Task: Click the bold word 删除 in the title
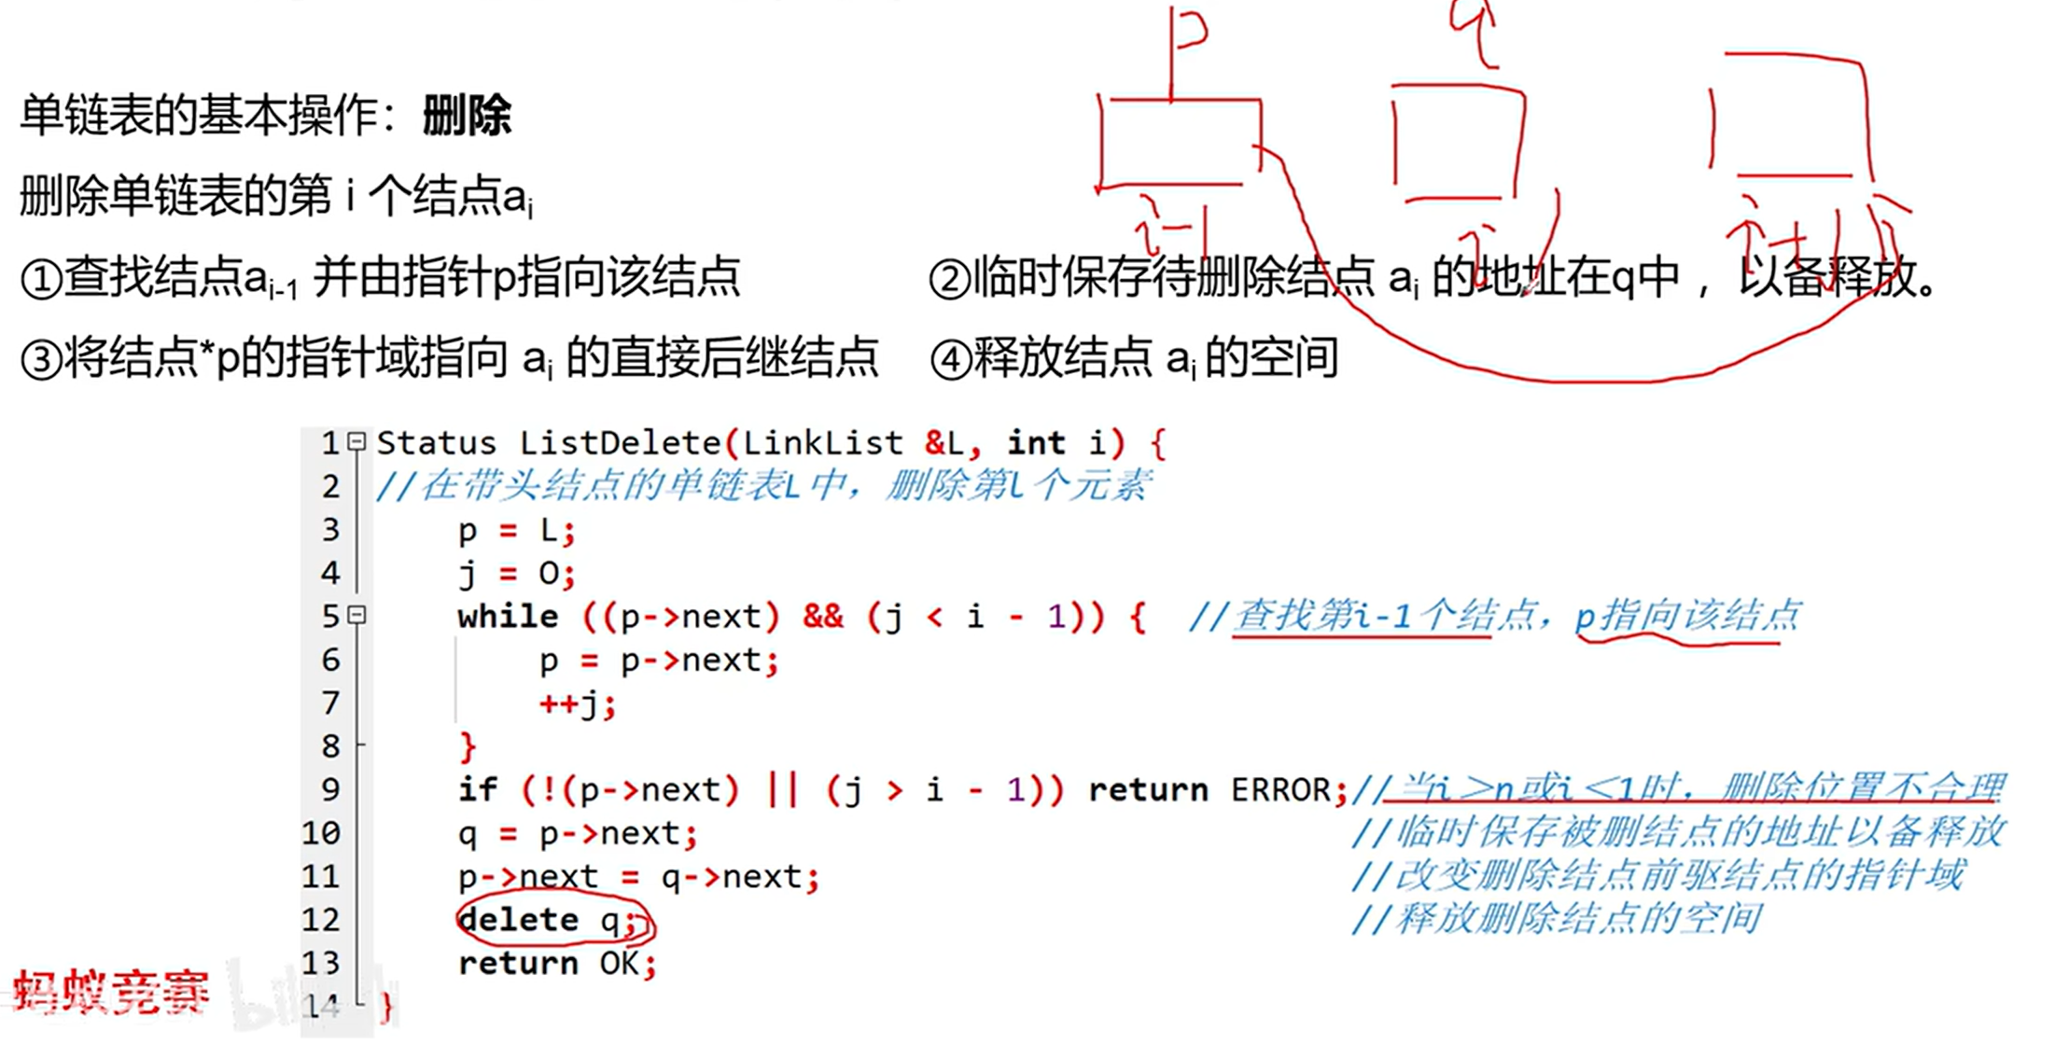(x=467, y=117)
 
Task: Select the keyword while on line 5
(x=508, y=617)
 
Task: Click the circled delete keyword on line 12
(x=519, y=920)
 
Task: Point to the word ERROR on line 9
(x=1280, y=790)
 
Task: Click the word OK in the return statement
(x=620, y=963)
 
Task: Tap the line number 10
(x=321, y=833)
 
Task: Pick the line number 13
(x=321, y=963)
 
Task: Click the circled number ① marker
(x=41, y=279)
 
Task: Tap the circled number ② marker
(x=951, y=279)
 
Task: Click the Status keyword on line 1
(x=436, y=442)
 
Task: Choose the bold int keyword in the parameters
(x=1036, y=442)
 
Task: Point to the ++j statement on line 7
(x=577, y=703)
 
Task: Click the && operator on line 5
(x=823, y=617)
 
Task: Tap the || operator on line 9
(x=782, y=790)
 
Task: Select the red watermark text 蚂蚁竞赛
(x=110, y=993)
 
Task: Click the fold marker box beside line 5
(x=356, y=615)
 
